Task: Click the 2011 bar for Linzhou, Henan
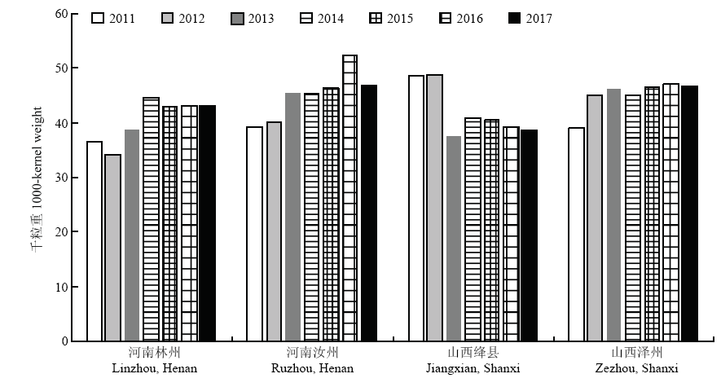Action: [95, 241]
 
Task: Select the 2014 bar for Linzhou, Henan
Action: [152, 219]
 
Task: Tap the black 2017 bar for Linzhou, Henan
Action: [208, 223]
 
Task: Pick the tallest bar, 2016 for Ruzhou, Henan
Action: [350, 198]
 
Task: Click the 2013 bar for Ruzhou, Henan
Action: [293, 217]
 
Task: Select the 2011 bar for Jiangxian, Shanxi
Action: [416, 209]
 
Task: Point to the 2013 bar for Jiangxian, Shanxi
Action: [454, 239]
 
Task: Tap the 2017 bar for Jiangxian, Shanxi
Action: [529, 235]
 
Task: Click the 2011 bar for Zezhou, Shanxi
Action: [577, 235]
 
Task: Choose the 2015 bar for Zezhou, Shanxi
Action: [652, 213]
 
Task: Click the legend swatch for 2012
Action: [167, 19]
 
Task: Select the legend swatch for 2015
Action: [376, 19]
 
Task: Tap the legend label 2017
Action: [539, 19]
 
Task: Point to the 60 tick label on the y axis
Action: [61, 14]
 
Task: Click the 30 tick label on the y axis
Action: [61, 178]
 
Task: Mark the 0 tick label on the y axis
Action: [64, 341]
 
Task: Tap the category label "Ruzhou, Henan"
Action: [312, 368]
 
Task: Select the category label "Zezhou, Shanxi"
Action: [636, 368]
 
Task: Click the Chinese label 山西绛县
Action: [473, 353]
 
